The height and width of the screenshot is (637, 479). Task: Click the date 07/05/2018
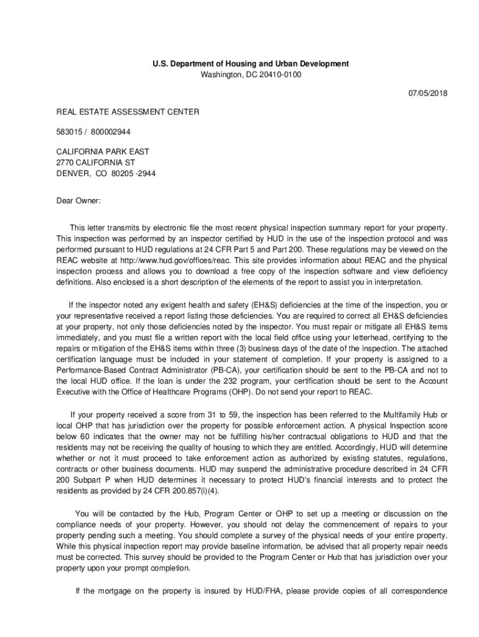click(427, 93)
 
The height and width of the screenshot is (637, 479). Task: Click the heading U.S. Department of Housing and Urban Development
click(251, 64)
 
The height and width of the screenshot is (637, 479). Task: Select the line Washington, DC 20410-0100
click(251, 75)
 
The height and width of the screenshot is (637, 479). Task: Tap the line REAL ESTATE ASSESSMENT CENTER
click(128, 112)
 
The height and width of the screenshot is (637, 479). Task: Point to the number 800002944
click(109, 132)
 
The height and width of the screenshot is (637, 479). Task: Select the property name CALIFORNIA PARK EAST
click(103, 151)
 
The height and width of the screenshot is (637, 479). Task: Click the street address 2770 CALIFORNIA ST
click(96, 162)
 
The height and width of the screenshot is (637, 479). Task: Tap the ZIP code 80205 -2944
click(133, 174)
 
